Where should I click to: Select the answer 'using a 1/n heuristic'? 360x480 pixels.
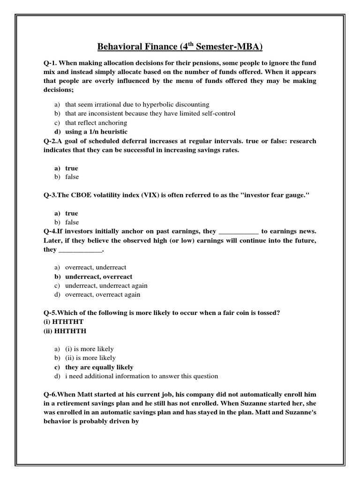click(x=96, y=132)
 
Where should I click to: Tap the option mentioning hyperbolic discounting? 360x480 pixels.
click(x=137, y=105)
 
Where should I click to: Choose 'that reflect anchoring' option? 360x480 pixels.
click(x=96, y=123)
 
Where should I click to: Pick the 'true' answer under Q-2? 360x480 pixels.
click(x=72, y=168)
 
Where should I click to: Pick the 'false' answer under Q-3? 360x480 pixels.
click(x=72, y=222)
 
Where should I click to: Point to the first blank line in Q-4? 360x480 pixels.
click(x=239, y=232)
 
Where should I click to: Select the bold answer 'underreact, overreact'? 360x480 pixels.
click(x=98, y=277)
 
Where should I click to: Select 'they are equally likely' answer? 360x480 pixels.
click(x=99, y=367)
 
